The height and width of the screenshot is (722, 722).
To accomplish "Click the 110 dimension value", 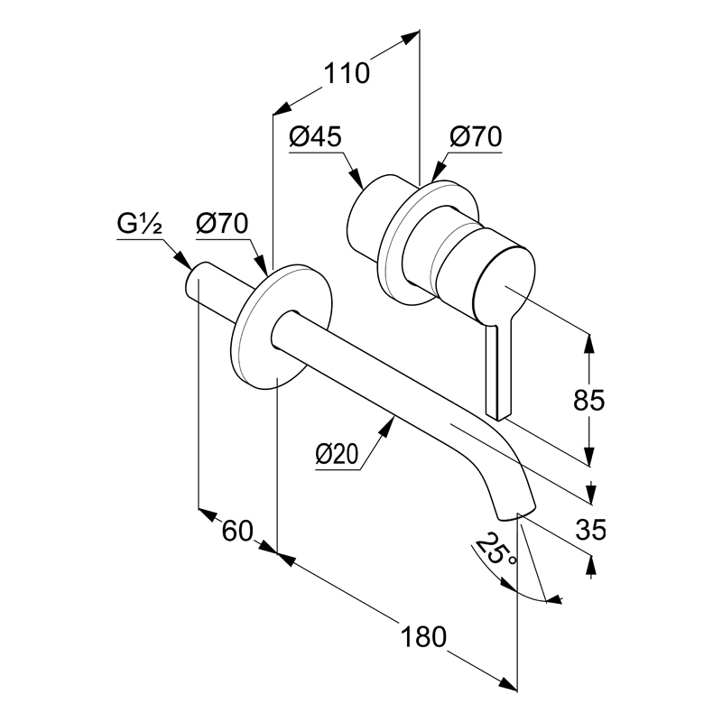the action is pos(347,74).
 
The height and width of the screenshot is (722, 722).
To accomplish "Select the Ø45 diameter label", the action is pos(315,137).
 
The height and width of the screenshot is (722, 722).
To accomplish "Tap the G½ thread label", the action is pos(139,224).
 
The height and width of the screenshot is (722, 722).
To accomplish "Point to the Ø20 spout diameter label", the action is pos(337,455).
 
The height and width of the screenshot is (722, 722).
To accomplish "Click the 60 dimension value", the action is pos(237,531).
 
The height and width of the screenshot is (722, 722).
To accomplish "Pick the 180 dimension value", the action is pos(423,637).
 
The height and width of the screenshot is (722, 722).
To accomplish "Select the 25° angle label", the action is pos(495,550).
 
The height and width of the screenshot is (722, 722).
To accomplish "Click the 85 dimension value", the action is pos(589,400).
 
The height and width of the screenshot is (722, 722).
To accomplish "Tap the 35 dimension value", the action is pos(591,530).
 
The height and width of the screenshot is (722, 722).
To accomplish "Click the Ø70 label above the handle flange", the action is pos(476,137).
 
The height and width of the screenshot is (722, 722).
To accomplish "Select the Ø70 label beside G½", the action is pos(222,224).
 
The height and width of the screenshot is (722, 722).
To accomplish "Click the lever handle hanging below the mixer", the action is pos(498,368).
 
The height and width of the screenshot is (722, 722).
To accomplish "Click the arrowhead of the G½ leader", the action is pos(184,261).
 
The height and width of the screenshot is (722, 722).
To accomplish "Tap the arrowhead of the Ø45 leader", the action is pos(356,178).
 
